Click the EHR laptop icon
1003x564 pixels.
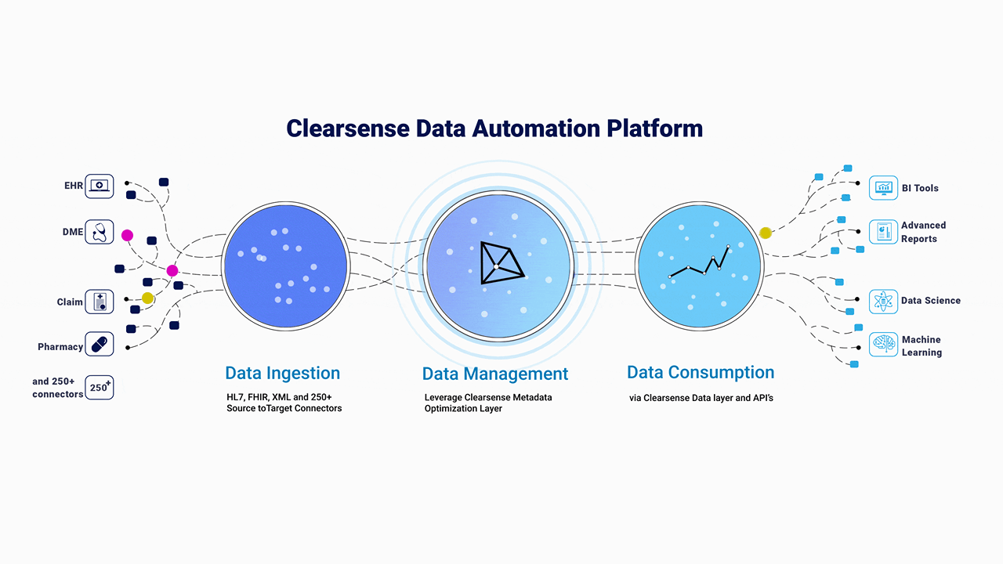[x=100, y=186]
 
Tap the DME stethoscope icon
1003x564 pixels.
[x=100, y=232]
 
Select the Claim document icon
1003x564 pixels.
[x=100, y=302]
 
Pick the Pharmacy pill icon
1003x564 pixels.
[x=100, y=344]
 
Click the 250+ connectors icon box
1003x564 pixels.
[x=100, y=387]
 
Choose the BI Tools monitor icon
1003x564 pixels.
[x=883, y=187]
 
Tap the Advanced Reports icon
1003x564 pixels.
[x=883, y=232]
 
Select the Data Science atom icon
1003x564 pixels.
[x=883, y=302]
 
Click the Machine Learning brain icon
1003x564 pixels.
[x=883, y=344]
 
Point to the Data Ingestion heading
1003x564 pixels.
[x=283, y=374]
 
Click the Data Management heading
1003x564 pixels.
[x=494, y=374]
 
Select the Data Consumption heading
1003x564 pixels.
[x=701, y=372]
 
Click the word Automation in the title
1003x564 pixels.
[x=536, y=128]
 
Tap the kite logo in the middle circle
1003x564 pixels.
[x=501, y=262]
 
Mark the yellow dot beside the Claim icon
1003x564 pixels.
[x=148, y=298]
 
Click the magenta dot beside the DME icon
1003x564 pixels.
[x=127, y=236]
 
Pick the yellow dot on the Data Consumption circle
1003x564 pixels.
[x=766, y=233]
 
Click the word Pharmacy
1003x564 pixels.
[x=60, y=347]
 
